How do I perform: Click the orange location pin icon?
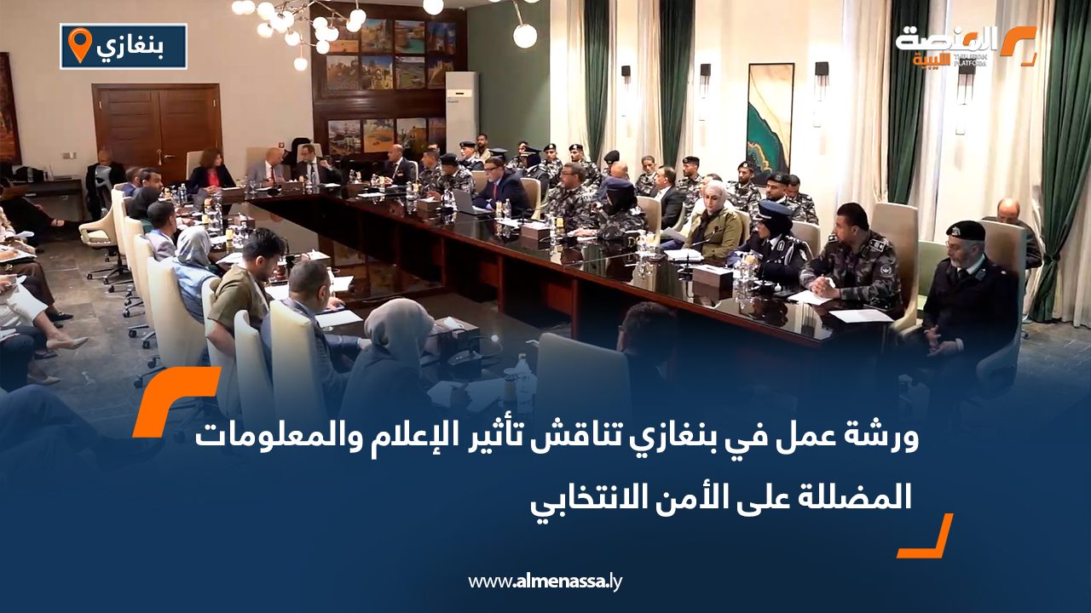[x=79, y=45]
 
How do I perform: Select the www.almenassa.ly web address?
[x=545, y=581]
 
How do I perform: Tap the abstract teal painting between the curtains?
[x=770, y=120]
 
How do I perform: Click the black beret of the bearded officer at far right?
[x=966, y=230]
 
